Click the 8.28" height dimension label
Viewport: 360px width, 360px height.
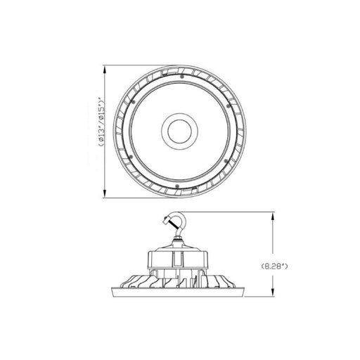click(274, 266)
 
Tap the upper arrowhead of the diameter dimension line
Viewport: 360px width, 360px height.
click(105, 70)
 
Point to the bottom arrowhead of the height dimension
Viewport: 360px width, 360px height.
click(272, 291)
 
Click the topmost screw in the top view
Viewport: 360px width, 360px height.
click(181, 77)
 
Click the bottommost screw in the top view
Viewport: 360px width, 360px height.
click(177, 186)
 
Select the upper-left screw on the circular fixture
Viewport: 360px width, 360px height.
click(134, 102)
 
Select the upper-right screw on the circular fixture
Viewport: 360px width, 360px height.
click(227, 106)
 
